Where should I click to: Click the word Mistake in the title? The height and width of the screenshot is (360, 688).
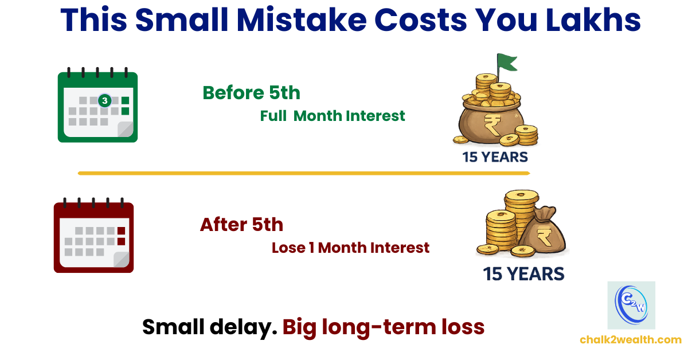pyautogui.click(x=302, y=19)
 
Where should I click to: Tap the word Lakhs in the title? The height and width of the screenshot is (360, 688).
pyautogui.click(x=593, y=19)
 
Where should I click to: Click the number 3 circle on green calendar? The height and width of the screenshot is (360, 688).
pyautogui.click(x=105, y=100)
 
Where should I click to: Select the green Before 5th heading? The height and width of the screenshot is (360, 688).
pyautogui.click(x=251, y=93)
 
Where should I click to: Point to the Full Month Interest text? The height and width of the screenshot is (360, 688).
pyautogui.click(x=333, y=116)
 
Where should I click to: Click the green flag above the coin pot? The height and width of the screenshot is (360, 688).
pyautogui.click(x=507, y=63)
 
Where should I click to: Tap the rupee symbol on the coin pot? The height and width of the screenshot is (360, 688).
pyautogui.click(x=492, y=124)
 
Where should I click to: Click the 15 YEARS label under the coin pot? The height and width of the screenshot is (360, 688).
pyautogui.click(x=495, y=157)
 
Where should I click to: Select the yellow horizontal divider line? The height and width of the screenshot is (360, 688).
pyautogui.click(x=304, y=173)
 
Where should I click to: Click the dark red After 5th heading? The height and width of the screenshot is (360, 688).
pyautogui.click(x=241, y=225)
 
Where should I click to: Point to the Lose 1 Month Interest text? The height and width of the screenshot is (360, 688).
pyautogui.click(x=350, y=248)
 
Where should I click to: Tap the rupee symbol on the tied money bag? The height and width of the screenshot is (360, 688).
pyautogui.click(x=544, y=237)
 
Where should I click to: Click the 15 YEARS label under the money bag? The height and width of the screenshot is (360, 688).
pyautogui.click(x=523, y=274)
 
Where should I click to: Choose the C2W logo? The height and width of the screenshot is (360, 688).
pyautogui.click(x=631, y=306)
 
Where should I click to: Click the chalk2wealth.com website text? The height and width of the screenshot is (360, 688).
pyautogui.click(x=631, y=340)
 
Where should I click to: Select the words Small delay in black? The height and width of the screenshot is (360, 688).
pyautogui.click(x=210, y=327)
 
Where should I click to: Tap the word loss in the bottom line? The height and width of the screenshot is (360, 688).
pyautogui.click(x=463, y=327)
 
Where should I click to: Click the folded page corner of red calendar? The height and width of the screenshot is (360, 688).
pyautogui.click(x=122, y=260)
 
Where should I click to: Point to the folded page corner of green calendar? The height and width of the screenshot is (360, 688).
pyautogui.click(x=126, y=129)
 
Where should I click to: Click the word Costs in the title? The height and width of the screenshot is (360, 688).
pyautogui.click(x=420, y=19)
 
